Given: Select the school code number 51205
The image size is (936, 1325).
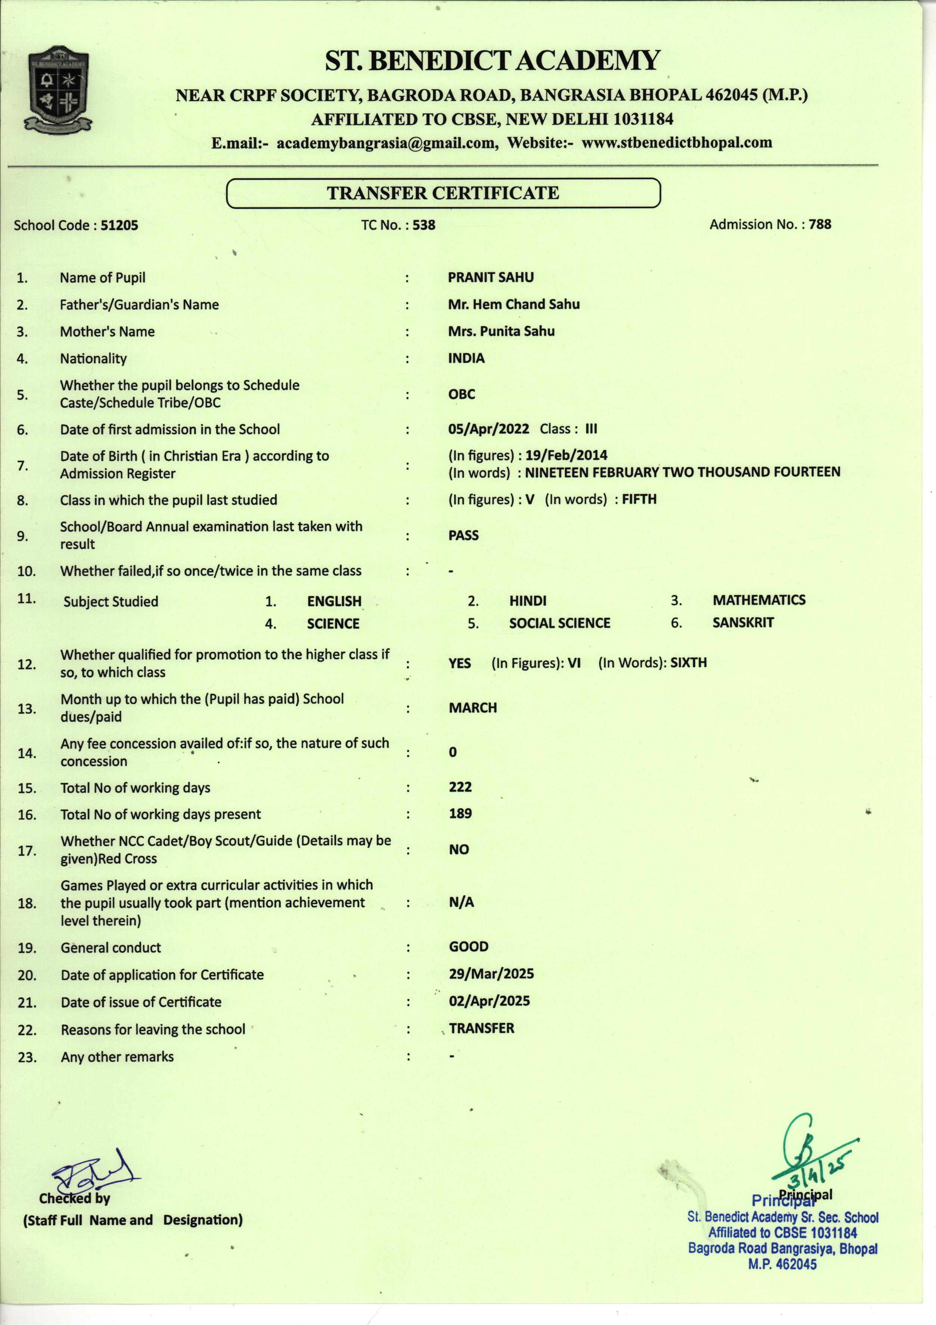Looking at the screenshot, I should point(119,225).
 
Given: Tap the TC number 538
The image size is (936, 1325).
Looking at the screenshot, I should point(424,225).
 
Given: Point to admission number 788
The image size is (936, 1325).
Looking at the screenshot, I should point(820,225).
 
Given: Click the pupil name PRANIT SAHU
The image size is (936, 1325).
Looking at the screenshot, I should point(491,278).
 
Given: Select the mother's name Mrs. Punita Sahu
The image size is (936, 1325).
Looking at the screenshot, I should point(501,331).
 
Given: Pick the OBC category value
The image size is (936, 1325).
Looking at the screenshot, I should point(461,394).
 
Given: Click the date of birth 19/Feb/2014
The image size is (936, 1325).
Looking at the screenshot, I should point(566,455).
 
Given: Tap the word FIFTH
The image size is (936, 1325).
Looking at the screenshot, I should point(639,499).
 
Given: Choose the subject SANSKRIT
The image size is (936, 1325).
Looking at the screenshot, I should point(743,623).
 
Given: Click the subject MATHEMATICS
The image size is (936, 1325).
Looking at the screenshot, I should point(759,600).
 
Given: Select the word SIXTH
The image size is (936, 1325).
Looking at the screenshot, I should point(688,662).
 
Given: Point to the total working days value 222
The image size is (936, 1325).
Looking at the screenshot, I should point(460,787).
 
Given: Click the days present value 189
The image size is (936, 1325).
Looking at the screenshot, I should point(460,814).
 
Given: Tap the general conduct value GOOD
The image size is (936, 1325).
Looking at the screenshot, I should point(468,946).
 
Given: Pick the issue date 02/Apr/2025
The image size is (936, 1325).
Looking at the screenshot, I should point(489,1001).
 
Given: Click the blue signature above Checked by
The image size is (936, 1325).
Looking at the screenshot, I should point(95,1170).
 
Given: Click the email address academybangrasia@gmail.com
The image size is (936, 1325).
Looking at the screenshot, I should point(386,143).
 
